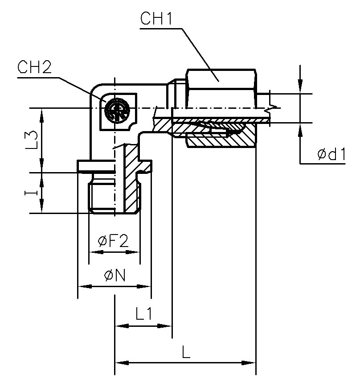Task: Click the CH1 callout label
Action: pos(153,19)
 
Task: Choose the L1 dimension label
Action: pos(144,315)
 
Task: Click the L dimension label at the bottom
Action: pos(186,352)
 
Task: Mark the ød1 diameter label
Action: pos(331,154)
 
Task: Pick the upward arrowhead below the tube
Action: pos(301,130)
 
